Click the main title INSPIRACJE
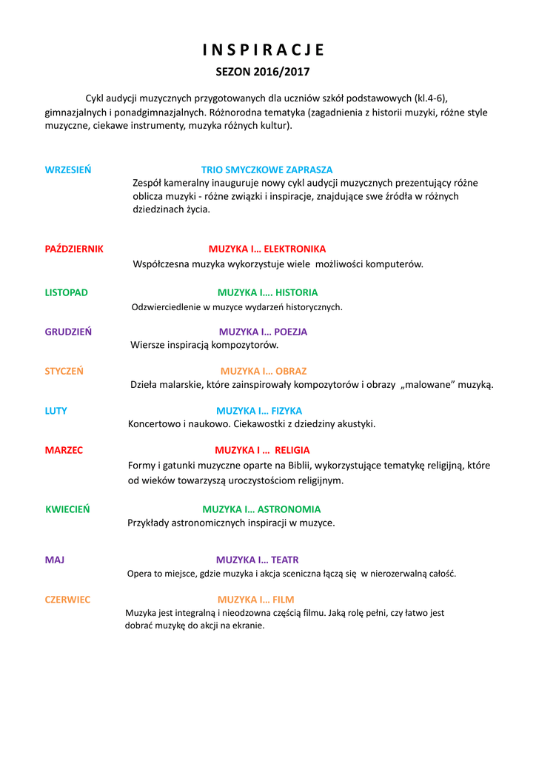(264, 50)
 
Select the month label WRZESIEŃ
(68, 170)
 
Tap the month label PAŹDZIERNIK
(74, 249)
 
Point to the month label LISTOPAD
(66, 292)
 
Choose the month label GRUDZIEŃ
(68, 332)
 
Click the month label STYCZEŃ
(64, 371)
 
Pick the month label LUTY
(56, 411)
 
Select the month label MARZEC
(64, 450)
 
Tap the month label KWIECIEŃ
(67, 509)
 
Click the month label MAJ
(54, 560)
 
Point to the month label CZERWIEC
(67, 600)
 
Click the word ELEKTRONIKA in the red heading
(295, 249)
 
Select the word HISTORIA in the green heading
(296, 292)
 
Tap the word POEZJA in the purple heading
(290, 332)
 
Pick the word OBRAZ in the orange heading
(291, 371)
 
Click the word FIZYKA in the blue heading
(287, 411)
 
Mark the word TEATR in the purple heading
(285, 560)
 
